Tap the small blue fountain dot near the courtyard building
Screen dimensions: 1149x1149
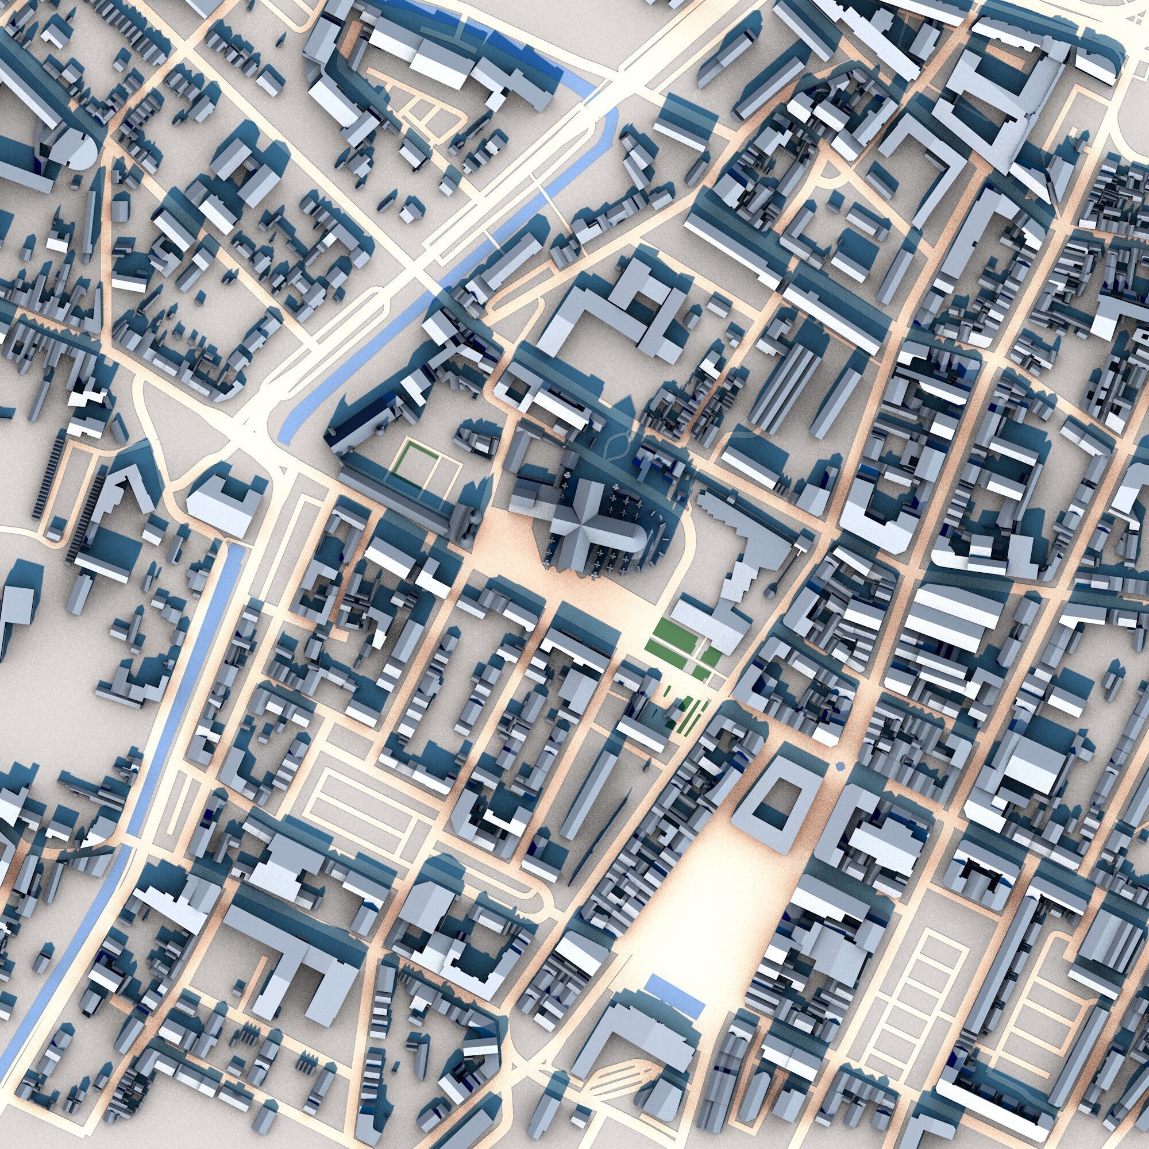point(839,765)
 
